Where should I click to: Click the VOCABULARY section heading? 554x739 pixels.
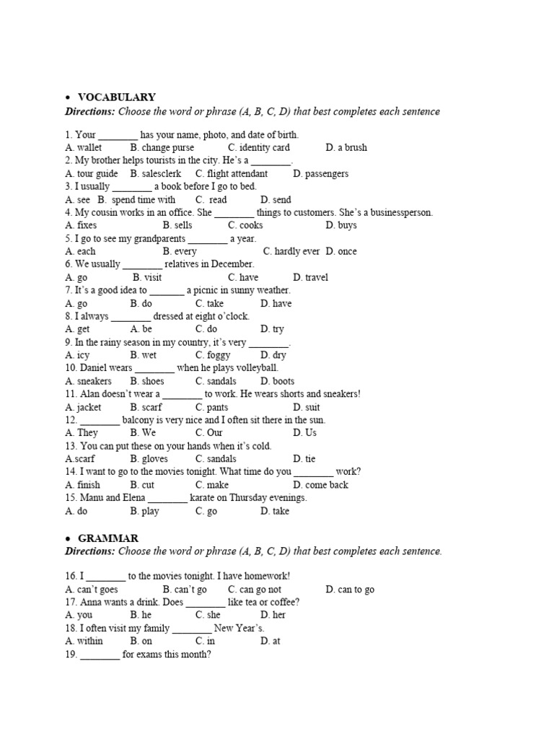click(116, 97)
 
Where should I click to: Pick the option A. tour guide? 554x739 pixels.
click(92, 173)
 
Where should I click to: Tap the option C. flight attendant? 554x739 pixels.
click(231, 173)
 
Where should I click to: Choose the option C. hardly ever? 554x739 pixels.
click(291, 251)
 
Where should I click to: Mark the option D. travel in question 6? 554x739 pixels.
click(310, 277)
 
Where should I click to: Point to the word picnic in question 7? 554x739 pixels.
click(209, 290)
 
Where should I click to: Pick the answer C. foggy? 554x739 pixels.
click(213, 355)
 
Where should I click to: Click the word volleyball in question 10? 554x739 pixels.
click(255, 368)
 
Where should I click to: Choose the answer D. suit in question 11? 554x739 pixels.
click(307, 407)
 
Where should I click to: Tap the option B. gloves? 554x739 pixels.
click(149, 459)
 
